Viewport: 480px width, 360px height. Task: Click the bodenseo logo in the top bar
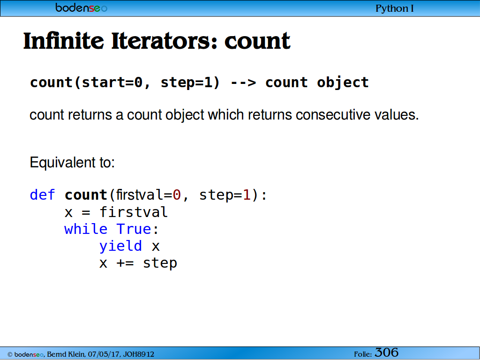(x=81, y=7)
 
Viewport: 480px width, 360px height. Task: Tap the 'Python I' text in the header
(x=395, y=8)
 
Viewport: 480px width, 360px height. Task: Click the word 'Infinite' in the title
(x=64, y=41)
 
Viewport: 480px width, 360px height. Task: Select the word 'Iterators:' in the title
(x=164, y=41)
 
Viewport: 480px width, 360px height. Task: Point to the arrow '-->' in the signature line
(x=243, y=82)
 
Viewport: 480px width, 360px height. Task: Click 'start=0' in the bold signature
(x=112, y=82)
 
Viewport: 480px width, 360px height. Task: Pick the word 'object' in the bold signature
(x=343, y=83)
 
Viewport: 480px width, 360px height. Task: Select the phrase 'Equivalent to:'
(x=72, y=163)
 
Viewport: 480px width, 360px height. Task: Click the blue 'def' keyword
(x=42, y=195)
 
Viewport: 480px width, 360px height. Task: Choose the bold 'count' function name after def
(x=86, y=195)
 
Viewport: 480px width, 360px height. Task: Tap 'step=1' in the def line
(x=225, y=195)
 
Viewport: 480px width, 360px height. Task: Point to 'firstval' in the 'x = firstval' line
(x=134, y=212)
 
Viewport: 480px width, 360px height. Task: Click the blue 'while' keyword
(x=86, y=229)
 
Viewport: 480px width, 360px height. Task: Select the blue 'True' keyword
(x=134, y=229)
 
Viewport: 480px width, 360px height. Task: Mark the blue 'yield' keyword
(x=120, y=246)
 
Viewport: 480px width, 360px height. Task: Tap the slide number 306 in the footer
(x=387, y=352)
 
